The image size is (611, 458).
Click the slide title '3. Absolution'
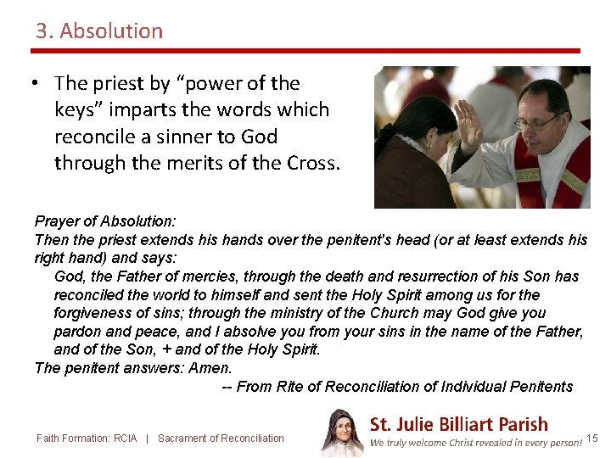point(99,31)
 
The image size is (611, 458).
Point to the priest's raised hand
point(468,124)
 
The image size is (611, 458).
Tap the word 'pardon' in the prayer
point(78,332)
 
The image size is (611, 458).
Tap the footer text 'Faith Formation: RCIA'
point(87,438)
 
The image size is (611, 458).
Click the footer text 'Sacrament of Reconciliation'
point(221,438)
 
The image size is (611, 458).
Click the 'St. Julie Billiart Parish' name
point(458,424)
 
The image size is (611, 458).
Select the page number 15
point(592,438)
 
